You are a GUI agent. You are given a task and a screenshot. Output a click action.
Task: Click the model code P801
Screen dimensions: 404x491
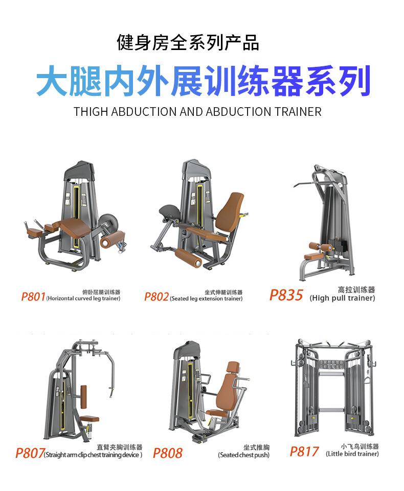[33, 297]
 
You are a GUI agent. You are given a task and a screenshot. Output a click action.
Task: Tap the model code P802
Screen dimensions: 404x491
[156, 297]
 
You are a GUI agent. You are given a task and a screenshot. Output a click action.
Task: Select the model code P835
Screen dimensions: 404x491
[286, 295]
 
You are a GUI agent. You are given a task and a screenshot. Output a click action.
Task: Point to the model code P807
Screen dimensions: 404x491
[29, 453]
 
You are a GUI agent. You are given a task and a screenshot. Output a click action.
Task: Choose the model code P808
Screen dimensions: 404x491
[167, 453]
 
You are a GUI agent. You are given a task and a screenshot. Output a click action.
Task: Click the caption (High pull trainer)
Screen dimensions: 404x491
[342, 298]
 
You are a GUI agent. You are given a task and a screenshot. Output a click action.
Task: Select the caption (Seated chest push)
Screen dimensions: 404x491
[243, 455]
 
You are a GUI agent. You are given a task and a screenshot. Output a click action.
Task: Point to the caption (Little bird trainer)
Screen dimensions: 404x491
[352, 453]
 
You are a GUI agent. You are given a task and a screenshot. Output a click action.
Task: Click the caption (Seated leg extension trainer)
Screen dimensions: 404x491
[206, 299]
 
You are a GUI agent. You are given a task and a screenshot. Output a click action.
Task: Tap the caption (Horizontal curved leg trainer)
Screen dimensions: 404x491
[83, 299]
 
